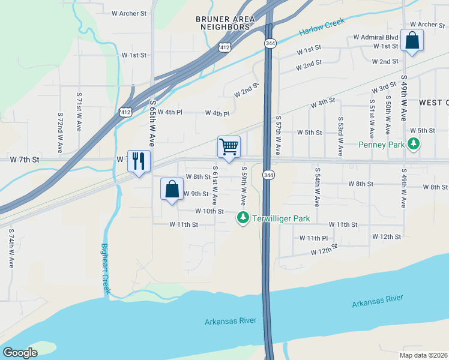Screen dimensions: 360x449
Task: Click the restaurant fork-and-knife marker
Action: coord(139,161)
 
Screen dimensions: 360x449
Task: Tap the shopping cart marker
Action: coord(229,146)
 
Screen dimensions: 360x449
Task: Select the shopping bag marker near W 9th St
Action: coord(172,189)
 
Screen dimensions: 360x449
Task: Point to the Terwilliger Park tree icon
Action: coord(243,218)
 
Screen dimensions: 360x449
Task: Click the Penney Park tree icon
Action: coord(413,144)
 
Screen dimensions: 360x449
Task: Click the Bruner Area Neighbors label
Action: coord(225,23)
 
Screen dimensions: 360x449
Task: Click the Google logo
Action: coord(20,353)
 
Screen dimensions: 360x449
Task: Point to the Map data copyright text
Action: coord(423,355)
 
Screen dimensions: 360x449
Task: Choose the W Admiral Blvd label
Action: coord(375,37)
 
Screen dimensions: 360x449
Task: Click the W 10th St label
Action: coord(209,211)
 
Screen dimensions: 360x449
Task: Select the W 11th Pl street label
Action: coord(314,238)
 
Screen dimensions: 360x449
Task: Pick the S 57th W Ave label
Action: coord(279,136)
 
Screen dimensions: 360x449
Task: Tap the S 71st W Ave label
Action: coord(79,112)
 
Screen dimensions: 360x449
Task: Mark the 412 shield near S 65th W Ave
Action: coord(125,112)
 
